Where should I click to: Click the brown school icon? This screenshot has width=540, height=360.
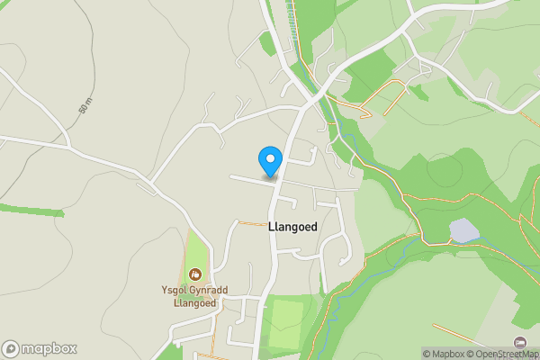tap(195, 274)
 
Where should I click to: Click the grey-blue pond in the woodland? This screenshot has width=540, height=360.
tap(463, 231)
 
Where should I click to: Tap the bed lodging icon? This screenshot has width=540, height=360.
tap(520, 342)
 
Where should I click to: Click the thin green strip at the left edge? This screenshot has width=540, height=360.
tap(31, 211)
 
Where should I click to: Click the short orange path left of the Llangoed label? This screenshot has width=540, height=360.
tap(251, 221)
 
